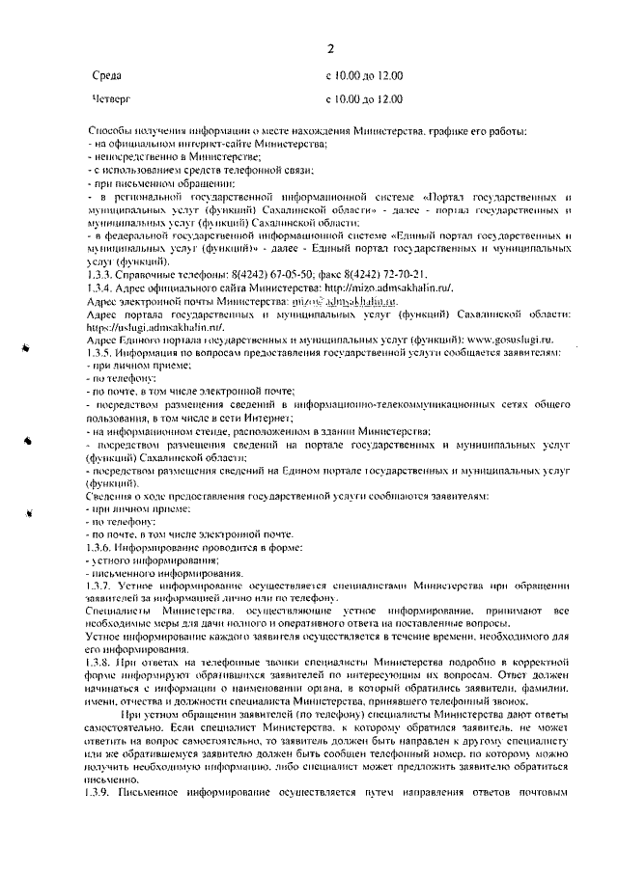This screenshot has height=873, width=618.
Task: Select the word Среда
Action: pos(105,74)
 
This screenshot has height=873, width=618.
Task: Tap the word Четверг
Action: pos(110,98)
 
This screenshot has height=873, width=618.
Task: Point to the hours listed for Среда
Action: pos(365,74)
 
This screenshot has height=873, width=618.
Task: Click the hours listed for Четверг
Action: pos(365,98)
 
